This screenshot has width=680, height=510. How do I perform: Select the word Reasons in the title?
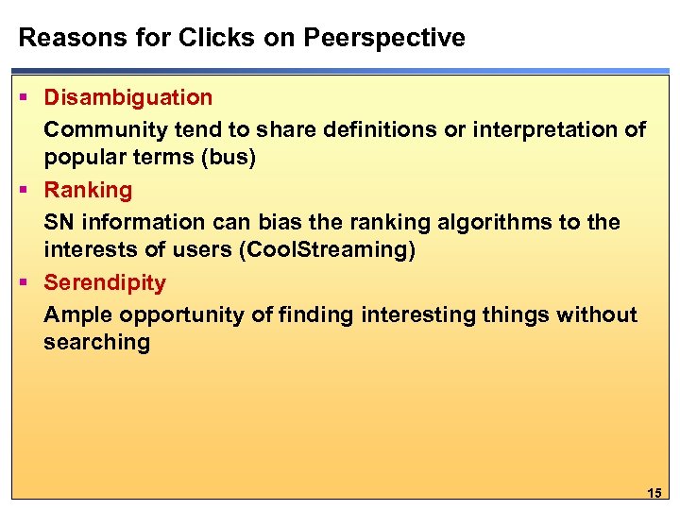pyautogui.click(x=60, y=38)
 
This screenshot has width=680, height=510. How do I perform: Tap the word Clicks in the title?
pyautogui.click(x=180, y=38)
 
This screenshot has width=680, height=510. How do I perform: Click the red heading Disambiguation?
pyautogui.click(x=128, y=97)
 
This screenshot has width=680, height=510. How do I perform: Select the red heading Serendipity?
pyautogui.click(x=105, y=282)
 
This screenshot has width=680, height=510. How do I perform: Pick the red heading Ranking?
pyautogui.click(x=89, y=190)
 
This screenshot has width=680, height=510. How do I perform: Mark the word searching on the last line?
pyautogui.click(x=96, y=343)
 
